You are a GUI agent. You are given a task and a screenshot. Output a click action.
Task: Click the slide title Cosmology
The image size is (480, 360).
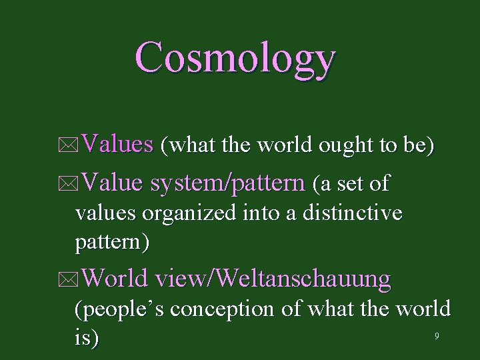click(x=235, y=58)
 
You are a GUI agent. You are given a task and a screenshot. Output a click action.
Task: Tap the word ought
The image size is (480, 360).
click(x=341, y=145)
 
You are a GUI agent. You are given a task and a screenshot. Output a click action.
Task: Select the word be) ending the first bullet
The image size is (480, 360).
click(x=419, y=145)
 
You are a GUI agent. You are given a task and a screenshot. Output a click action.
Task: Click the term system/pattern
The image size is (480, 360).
click(x=227, y=183)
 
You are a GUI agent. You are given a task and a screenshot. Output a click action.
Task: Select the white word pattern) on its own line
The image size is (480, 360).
click(x=112, y=242)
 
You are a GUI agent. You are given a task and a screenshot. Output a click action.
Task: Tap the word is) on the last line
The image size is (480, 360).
click(x=87, y=338)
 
